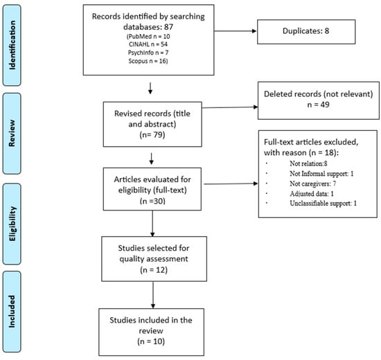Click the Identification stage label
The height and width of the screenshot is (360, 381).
click(x=19, y=40)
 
